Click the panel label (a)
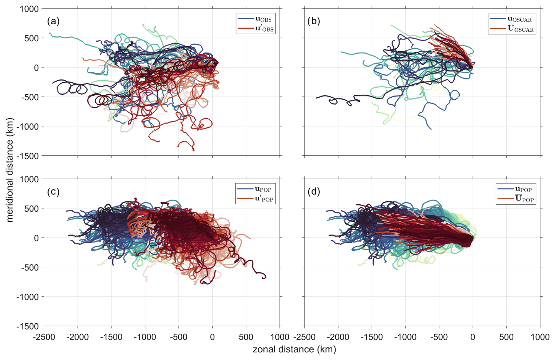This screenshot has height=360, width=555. pyautogui.click(x=53, y=21)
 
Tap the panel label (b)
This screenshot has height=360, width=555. pyautogui.click(x=314, y=21)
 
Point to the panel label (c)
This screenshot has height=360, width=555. pyautogui.click(x=53, y=192)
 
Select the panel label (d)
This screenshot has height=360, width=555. pyautogui.click(x=314, y=192)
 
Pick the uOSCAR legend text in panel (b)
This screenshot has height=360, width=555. pyautogui.click(x=520, y=19)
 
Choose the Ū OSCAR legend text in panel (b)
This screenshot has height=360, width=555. pyautogui.click(x=520, y=29)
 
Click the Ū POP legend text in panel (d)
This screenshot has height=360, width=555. pyautogui.click(x=524, y=199)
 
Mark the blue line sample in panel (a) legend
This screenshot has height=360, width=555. pyautogui.click(x=246, y=19)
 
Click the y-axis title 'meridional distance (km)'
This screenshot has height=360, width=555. pyautogui.click(x=10, y=170)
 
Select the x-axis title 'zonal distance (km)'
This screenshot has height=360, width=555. pyautogui.click(x=294, y=349)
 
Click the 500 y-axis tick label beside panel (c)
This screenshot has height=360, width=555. pyautogui.click(x=31, y=208)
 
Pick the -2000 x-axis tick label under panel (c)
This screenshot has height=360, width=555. pyautogui.click(x=77, y=337)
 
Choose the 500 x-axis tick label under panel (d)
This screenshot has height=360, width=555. pyautogui.click(x=506, y=337)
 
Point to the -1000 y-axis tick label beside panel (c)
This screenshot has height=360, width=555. pyautogui.click(x=28, y=297)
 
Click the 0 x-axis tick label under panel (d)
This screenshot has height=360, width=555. pyautogui.click(x=473, y=337)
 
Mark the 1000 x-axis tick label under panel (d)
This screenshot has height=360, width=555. pyautogui.click(x=540, y=337)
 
